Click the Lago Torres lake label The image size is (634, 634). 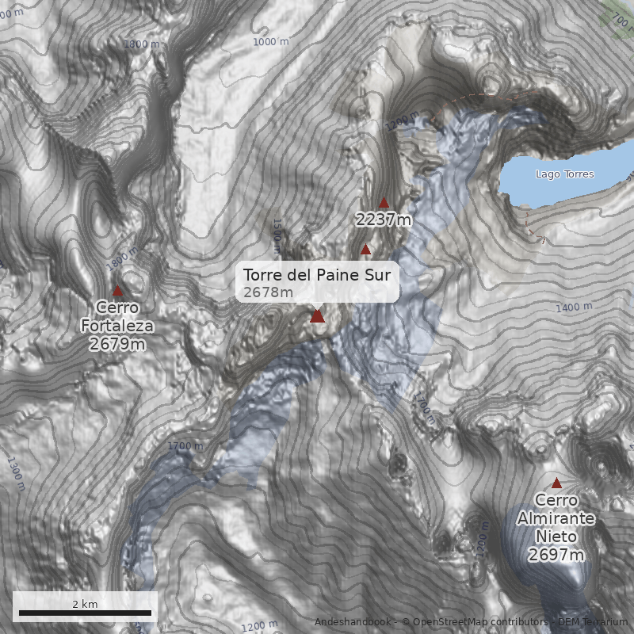(564, 174)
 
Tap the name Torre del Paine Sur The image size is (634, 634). (317, 276)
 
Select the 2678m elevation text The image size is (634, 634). (268, 293)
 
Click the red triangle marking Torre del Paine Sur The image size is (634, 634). (317, 316)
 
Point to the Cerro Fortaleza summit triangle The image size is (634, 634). (118, 291)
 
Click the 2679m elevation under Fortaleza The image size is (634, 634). (117, 344)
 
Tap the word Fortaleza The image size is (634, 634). (117, 326)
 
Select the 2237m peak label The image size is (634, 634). (384, 220)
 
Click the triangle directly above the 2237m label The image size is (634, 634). (384, 203)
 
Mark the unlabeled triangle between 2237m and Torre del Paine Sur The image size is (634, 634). (365, 250)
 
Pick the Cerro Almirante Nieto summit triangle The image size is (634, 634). (556, 483)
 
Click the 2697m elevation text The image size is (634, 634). (556, 555)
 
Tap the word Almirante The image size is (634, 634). (556, 518)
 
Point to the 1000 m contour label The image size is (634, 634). (271, 41)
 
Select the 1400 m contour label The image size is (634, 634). (575, 307)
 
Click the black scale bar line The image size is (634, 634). (85, 613)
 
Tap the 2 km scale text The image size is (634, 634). (85, 604)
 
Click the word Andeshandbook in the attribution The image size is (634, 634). (352, 622)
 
